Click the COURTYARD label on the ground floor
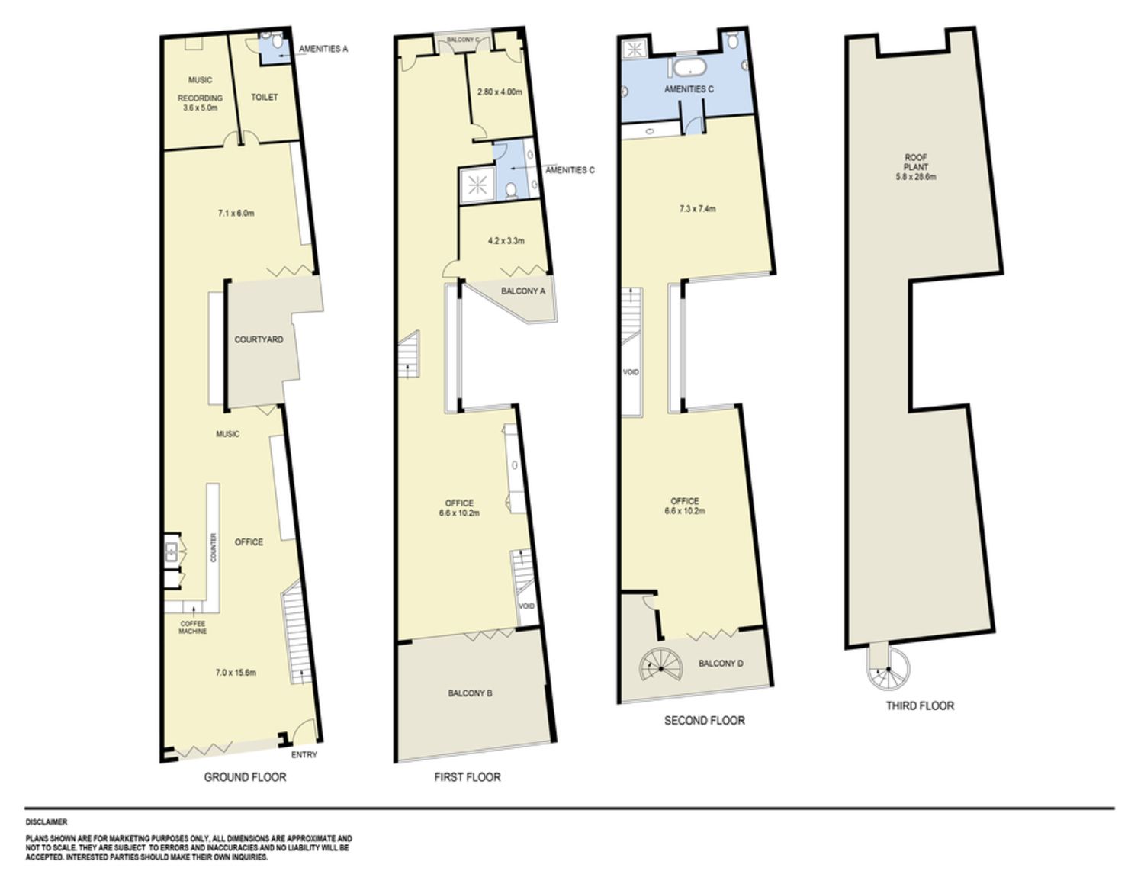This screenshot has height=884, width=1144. (x=259, y=339)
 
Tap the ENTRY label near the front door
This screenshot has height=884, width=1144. (x=304, y=754)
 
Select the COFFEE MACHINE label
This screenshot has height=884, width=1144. (x=193, y=627)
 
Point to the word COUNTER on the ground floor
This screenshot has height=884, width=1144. (x=214, y=548)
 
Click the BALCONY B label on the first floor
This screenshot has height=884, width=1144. (x=470, y=693)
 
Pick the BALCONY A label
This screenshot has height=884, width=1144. (x=522, y=291)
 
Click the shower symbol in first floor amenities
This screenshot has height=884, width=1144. (x=477, y=185)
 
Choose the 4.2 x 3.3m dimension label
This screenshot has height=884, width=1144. (x=506, y=241)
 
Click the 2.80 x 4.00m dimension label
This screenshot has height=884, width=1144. (x=500, y=92)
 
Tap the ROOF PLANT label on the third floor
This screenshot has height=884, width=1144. (x=916, y=167)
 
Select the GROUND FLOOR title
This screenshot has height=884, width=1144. (x=245, y=776)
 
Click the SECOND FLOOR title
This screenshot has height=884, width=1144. (x=705, y=720)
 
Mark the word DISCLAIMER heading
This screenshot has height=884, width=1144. (x=47, y=822)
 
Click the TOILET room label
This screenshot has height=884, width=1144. (x=265, y=98)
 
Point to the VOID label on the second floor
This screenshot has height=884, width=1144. (x=631, y=372)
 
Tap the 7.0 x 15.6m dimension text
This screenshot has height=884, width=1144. (x=236, y=673)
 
